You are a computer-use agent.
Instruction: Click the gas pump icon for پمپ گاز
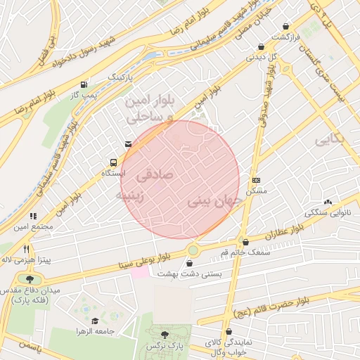tap(85, 82)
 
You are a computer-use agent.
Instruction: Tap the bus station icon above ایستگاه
tap(114, 160)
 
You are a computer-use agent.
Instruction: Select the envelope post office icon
tap(127, 144)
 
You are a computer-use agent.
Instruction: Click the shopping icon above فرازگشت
tap(285, 25)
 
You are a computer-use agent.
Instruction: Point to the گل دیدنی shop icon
tap(261, 46)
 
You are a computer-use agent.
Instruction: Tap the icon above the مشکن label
tap(255, 180)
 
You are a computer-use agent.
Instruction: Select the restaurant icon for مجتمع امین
tap(32, 217)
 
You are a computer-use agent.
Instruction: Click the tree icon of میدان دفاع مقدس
tap(28, 279)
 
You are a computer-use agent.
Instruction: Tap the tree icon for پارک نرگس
tap(165, 335)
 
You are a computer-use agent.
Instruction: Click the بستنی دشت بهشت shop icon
tap(188, 264)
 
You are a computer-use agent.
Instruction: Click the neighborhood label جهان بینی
tap(215, 202)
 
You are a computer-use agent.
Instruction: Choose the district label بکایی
tap(330, 139)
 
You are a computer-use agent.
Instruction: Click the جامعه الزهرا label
tap(96, 330)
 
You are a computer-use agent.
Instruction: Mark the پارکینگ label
tap(120, 75)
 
